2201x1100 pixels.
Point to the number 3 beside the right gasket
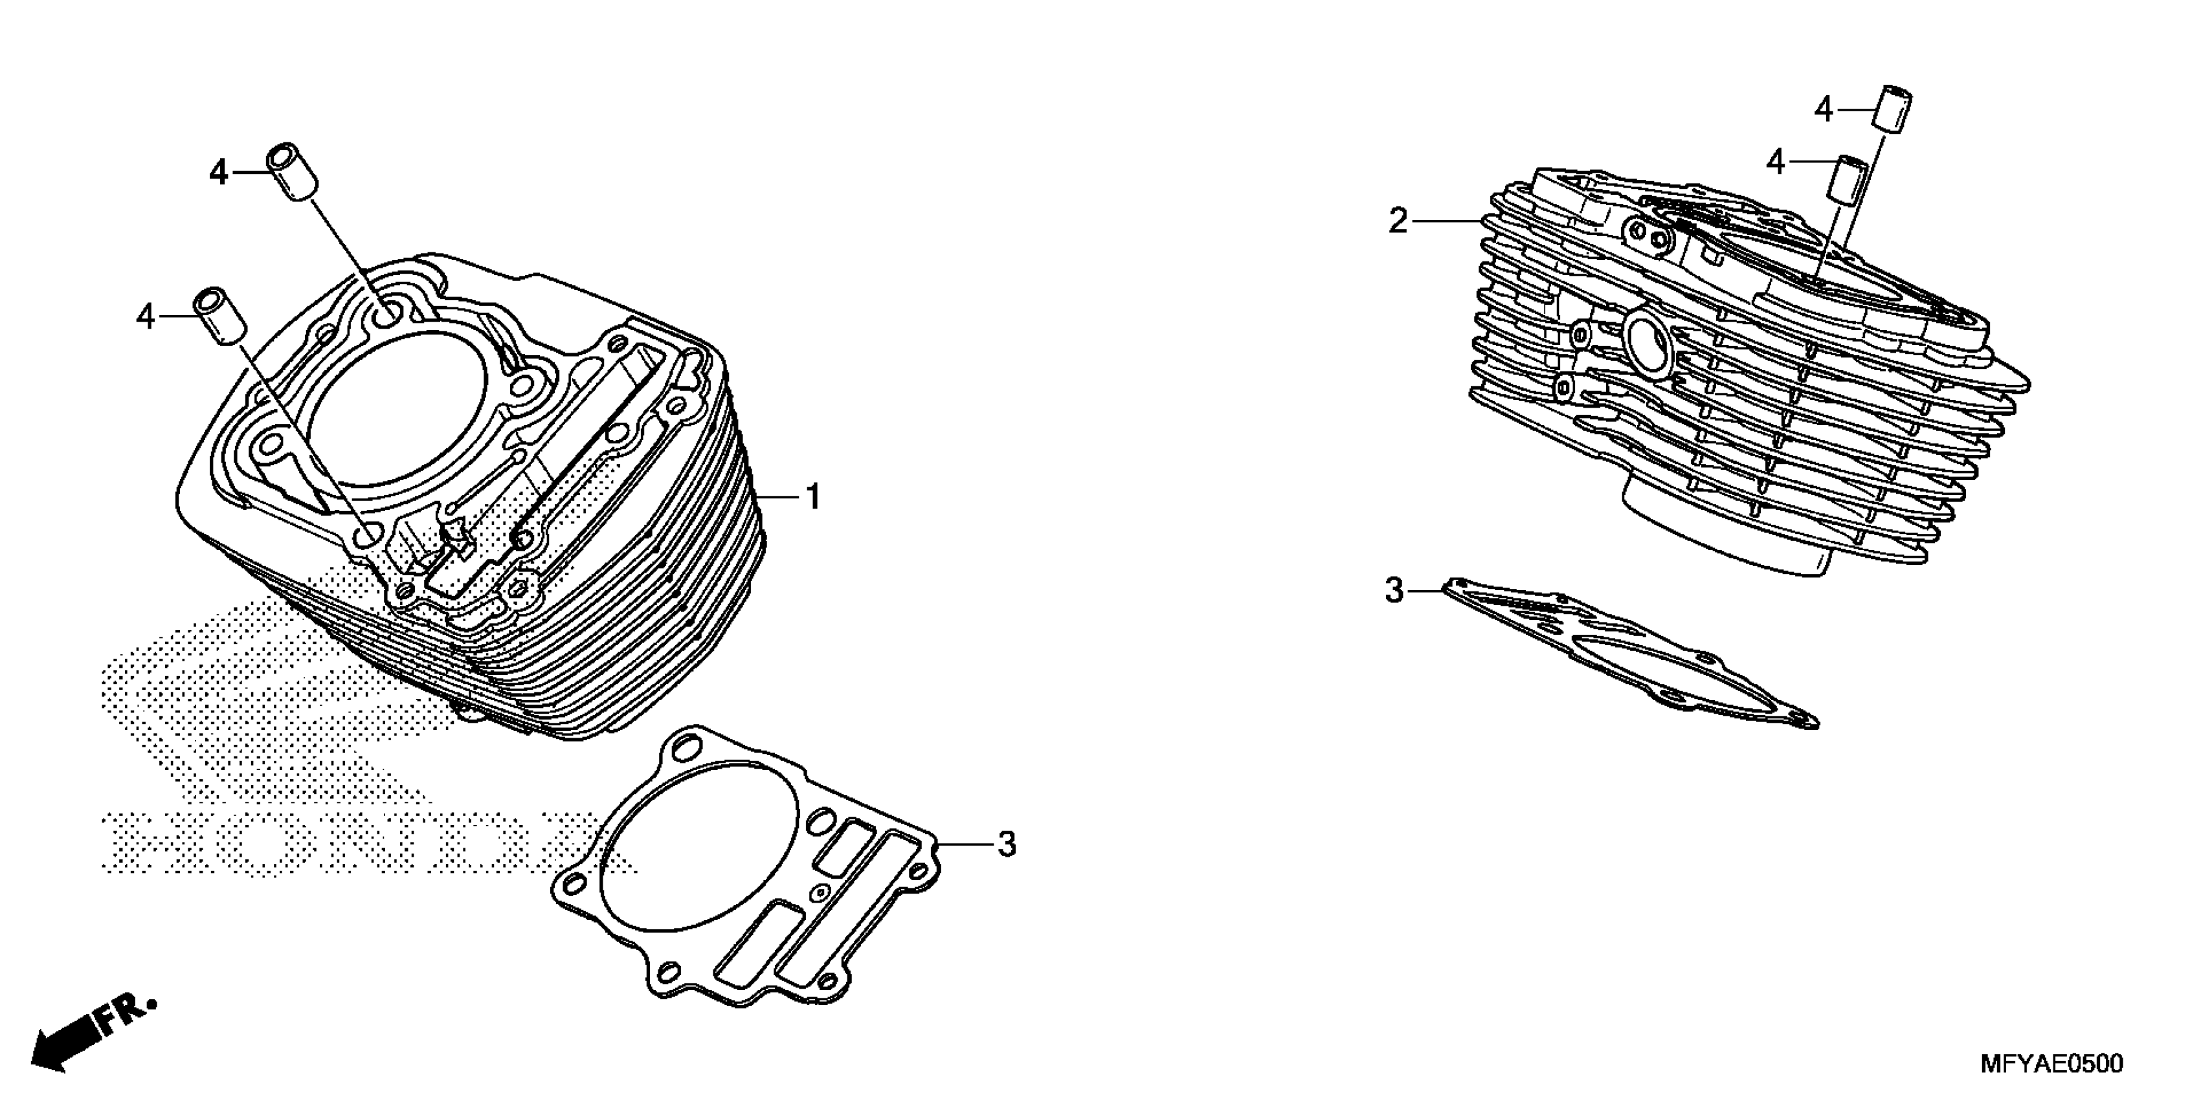pyautogui.click(x=1394, y=590)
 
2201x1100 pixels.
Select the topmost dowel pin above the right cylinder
pyautogui.click(x=1892, y=110)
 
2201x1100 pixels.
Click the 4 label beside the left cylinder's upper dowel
pyautogui.click(x=219, y=173)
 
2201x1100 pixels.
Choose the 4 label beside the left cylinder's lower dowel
pyautogui.click(x=145, y=318)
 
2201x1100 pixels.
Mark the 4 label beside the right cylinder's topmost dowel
pyautogui.click(x=1824, y=110)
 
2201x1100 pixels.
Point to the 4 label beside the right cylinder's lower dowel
pyautogui.click(x=1776, y=161)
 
